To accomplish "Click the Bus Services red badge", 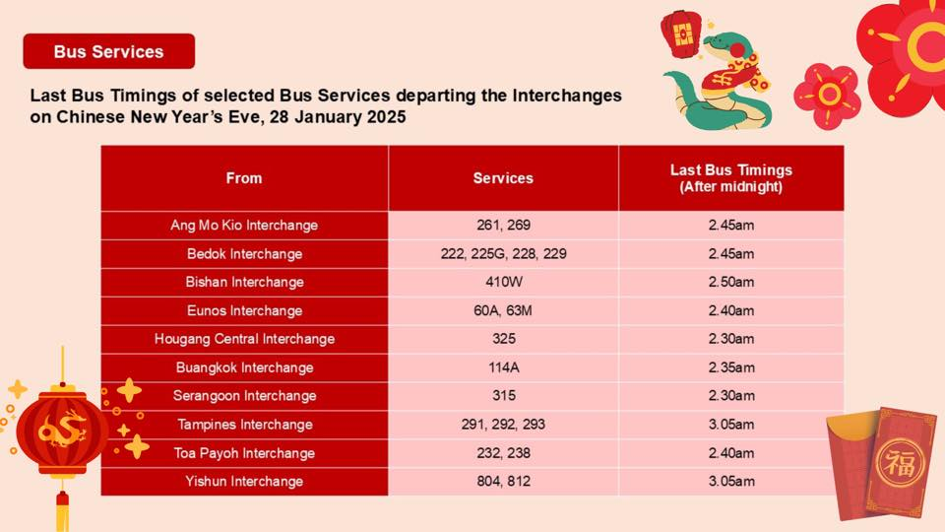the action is coord(109,51).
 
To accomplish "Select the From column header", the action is coord(244,178).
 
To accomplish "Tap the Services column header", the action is coord(503,178).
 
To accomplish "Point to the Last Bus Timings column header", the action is coord(731,178).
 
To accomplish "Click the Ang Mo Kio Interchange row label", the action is coord(244,225).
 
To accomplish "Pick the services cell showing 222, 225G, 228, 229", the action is coord(503,254).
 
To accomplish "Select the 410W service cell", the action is coord(503,282).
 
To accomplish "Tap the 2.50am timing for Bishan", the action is coord(731,282).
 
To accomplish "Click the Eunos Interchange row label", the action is coord(244,310).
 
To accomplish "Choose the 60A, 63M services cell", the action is coord(503,310).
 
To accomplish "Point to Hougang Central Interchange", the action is coord(244,339).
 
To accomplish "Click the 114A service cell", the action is coord(503,367).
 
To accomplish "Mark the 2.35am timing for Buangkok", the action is coord(731,367).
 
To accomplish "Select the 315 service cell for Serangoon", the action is coord(503,396).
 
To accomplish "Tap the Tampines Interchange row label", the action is coord(244,424).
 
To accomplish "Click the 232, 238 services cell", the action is coord(503,453).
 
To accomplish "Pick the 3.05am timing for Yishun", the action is coord(731,482).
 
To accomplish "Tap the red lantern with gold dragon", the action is coord(61,430).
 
